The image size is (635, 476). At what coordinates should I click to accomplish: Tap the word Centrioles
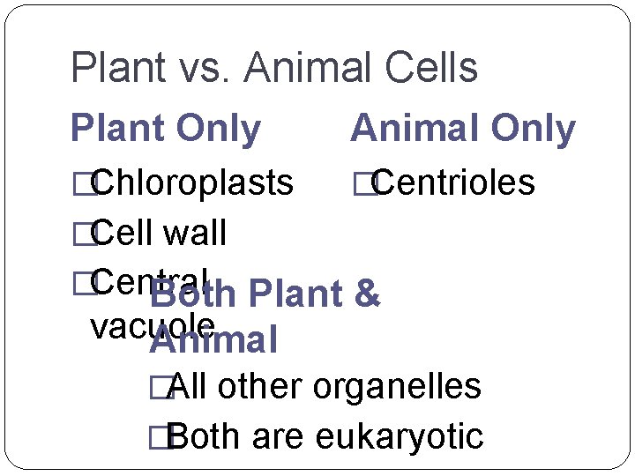(455, 182)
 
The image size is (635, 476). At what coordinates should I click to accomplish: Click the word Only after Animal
(527, 130)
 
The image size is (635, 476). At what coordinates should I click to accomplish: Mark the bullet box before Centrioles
(361, 183)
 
